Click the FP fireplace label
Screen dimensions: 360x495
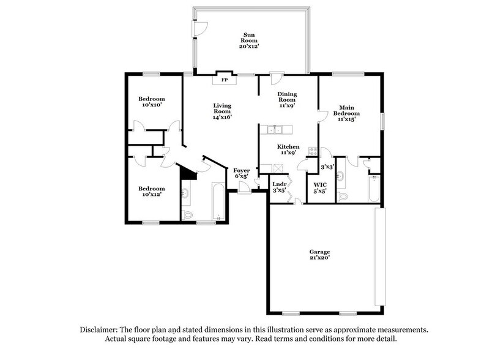tap(224, 80)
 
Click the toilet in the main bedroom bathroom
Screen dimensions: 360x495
tap(343, 196)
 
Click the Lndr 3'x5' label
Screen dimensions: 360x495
tap(280, 187)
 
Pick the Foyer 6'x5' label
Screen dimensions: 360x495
tap(240, 173)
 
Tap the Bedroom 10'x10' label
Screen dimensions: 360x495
tap(151, 102)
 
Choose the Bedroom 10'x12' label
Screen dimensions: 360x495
tap(151, 192)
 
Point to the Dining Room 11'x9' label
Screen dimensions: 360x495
tap(288, 99)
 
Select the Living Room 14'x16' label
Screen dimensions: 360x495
tap(222, 111)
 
